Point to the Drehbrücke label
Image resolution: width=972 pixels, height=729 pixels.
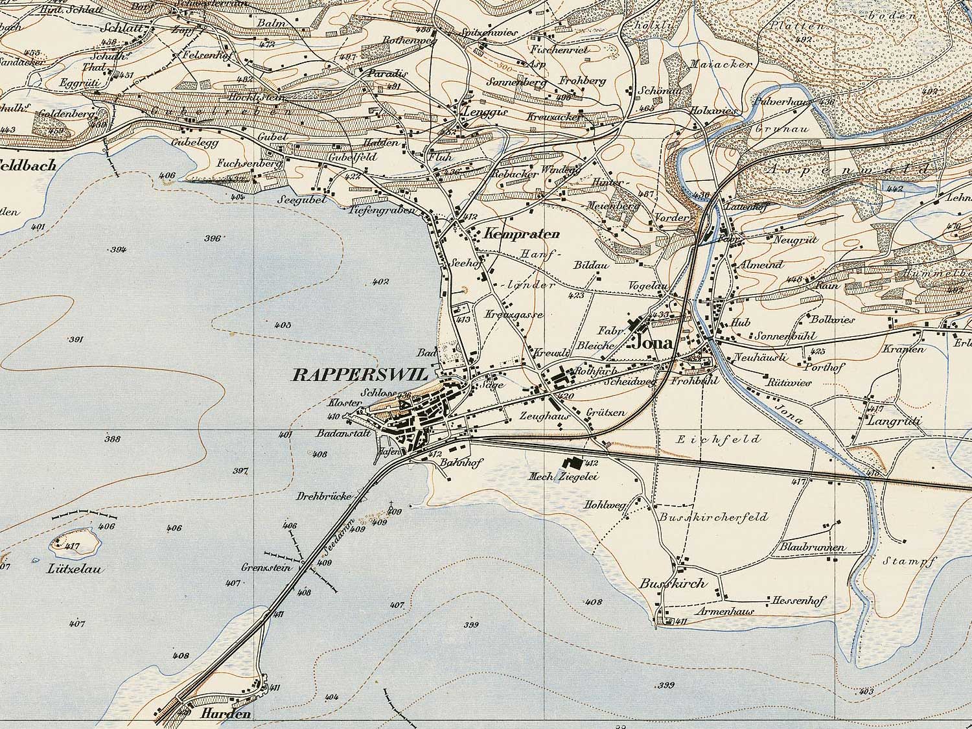pyautogui.click(x=324, y=496)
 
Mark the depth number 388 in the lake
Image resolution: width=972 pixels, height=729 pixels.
pyautogui.click(x=112, y=439)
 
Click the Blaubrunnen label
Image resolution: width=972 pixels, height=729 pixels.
pyautogui.click(x=813, y=548)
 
